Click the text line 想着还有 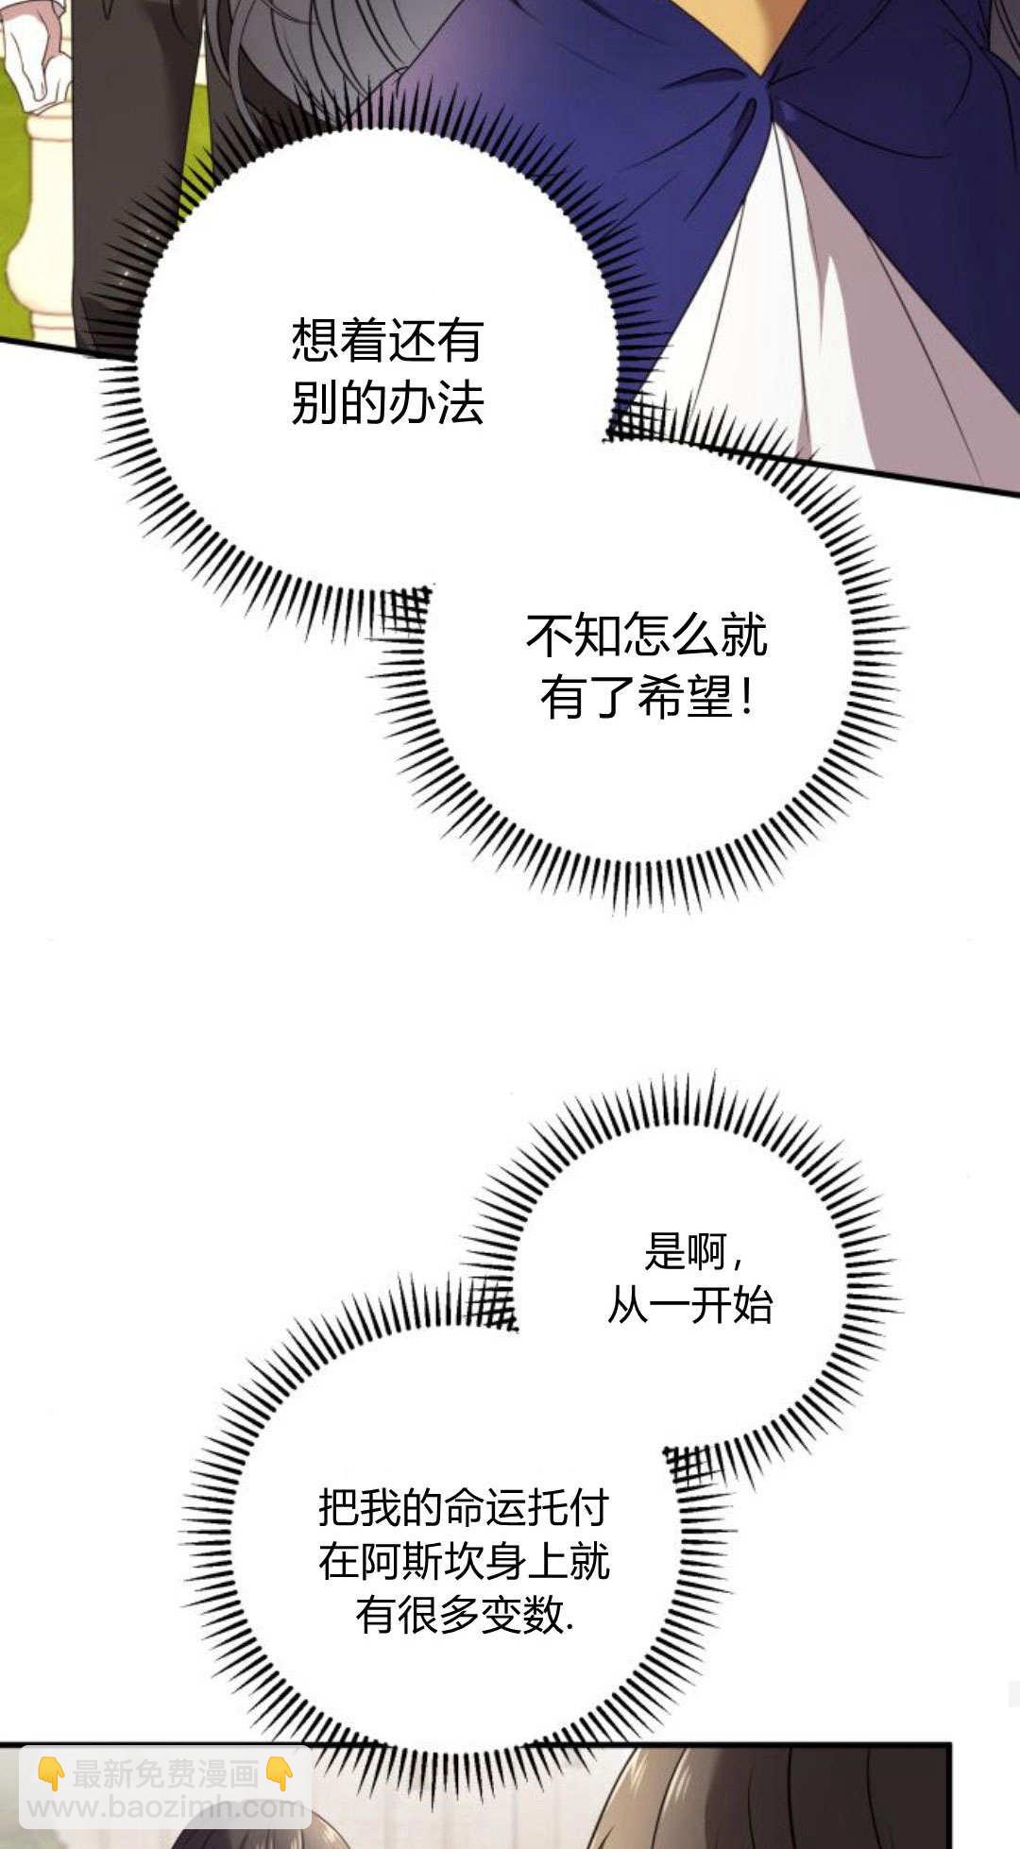(387, 340)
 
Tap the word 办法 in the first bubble (435, 403)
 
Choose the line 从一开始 (689, 1306)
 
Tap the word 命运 (485, 1508)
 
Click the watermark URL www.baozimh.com (166, 1807)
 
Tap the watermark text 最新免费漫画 (166, 1774)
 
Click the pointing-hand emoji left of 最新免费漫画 (50, 1774)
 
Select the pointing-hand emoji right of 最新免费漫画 (280, 1774)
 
